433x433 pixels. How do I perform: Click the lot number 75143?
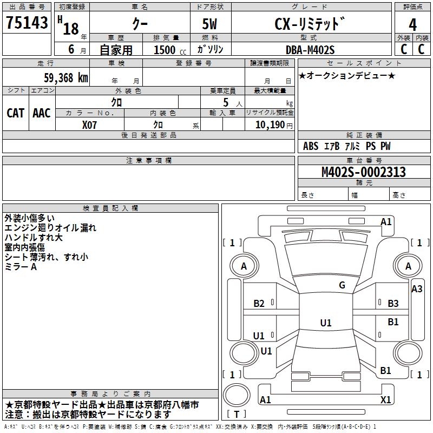click(x=27, y=22)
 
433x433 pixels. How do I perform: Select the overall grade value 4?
click(x=412, y=24)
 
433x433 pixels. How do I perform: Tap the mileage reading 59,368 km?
click(x=66, y=78)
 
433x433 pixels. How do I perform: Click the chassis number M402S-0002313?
click(x=364, y=172)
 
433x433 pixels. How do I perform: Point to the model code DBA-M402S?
click(x=310, y=50)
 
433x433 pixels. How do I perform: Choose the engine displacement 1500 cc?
click(x=170, y=50)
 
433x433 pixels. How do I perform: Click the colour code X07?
click(x=89, y=125)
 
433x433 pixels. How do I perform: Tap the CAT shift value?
click(x=16, y=113)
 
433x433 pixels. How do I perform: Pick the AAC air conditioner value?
click(x=42, y=113)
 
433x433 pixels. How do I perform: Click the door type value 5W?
click(x=209, y=24)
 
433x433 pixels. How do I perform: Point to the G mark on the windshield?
click(x=342, y=285)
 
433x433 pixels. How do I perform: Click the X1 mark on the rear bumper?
click(x=385, y=399)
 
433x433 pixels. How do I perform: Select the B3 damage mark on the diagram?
click(x=393, y=304)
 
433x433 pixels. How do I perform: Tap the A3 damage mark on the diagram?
click(x=417, y=289)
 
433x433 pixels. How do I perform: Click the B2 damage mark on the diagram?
click(x=259, y=304)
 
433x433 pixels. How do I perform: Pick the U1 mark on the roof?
click(x=326, y=323)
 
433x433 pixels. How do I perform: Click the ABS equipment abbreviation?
click(x=311, y=146)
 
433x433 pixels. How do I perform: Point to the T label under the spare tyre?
click(x=237, y=414)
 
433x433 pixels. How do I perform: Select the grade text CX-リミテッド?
click(x=310, y=24)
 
